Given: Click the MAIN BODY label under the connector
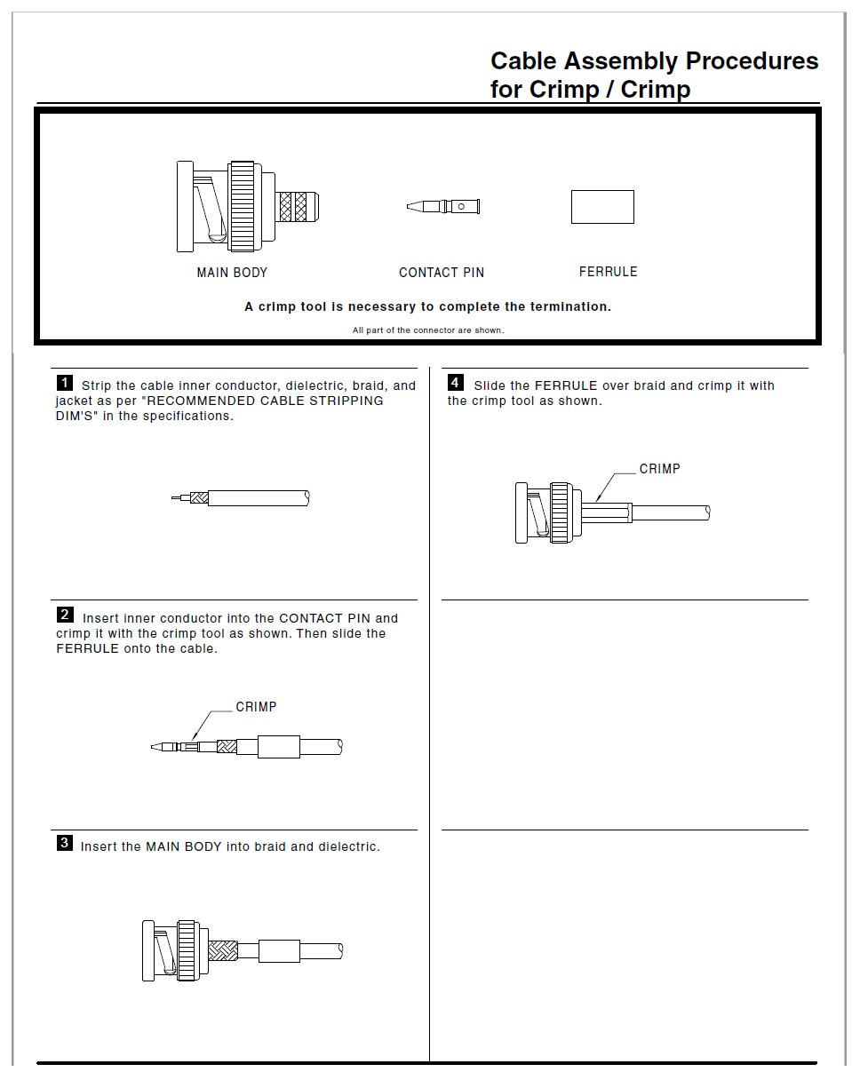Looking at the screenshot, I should tap(232, 273).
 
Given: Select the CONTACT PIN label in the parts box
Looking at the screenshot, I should tap(442, 273).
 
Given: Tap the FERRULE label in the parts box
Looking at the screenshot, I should tap(608, 272).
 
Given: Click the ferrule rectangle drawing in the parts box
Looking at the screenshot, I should tap(602, 207).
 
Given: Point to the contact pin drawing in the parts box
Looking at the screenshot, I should tap(444, 207).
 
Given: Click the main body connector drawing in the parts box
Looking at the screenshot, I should tap(246, 207).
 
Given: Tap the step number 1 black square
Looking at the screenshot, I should tap(65, 383).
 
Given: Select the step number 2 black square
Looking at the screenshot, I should tap(65, 615).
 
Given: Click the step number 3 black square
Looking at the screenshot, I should tap(65, 843).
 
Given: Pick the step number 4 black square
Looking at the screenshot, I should tap(456, 383).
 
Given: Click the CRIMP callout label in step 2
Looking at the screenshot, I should tap(256, 707).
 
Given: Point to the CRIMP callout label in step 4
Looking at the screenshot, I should tap(659, 469).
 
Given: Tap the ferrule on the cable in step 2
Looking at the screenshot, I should tap(279, 746).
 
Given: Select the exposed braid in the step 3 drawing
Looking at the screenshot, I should tap(223, 953).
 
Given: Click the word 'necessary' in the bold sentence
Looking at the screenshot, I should tap(382, 306).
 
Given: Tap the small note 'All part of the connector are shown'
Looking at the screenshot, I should tap(427, 330).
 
